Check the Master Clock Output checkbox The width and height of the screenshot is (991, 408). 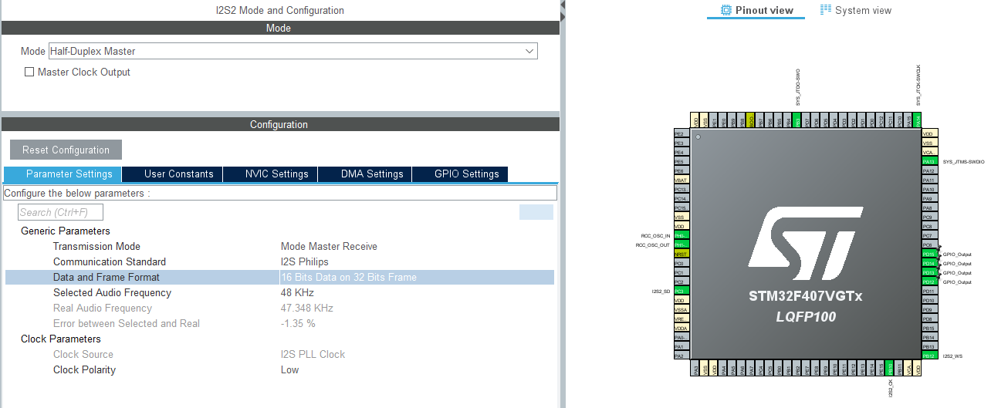click(30, 72)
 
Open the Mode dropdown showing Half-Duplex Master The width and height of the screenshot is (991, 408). click(293, 52)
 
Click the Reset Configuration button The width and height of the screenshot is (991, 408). click(66, 150)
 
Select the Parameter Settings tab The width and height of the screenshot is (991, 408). click(63, 174)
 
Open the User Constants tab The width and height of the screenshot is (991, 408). click(178, 174)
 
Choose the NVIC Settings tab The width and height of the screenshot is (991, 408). click(276, 174)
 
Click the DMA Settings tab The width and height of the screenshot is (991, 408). click(372, 174)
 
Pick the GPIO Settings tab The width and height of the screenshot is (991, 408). click(466, 174)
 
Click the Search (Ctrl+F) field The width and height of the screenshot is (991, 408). click(60, 212)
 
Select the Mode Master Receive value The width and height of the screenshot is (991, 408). click(329, 247)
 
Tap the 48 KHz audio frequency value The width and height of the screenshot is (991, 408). click(297, 293)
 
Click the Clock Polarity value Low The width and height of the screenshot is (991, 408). click(289, 370)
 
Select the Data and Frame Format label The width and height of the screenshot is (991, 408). click(106, 278)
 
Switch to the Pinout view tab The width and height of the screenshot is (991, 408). click(756, 11)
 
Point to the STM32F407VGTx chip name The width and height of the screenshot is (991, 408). click(805, 296)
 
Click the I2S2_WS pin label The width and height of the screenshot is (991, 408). click(952, 356)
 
